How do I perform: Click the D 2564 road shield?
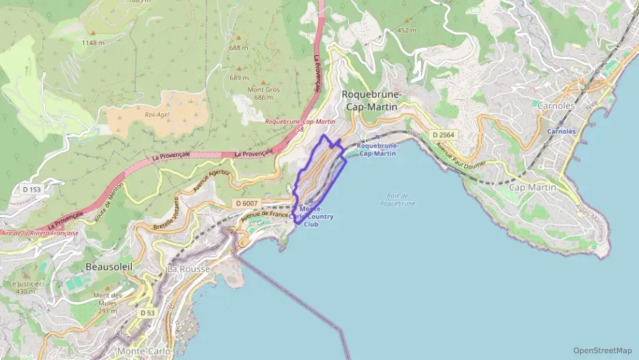443,135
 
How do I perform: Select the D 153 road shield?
32,189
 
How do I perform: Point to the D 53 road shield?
148,312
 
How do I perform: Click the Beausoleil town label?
109,266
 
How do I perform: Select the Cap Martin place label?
532,187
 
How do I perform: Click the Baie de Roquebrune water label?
397,199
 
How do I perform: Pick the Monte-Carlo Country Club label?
315,216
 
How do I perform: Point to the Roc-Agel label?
156,115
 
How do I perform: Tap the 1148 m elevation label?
93,42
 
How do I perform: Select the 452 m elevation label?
407,30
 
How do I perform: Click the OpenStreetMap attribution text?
602,350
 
